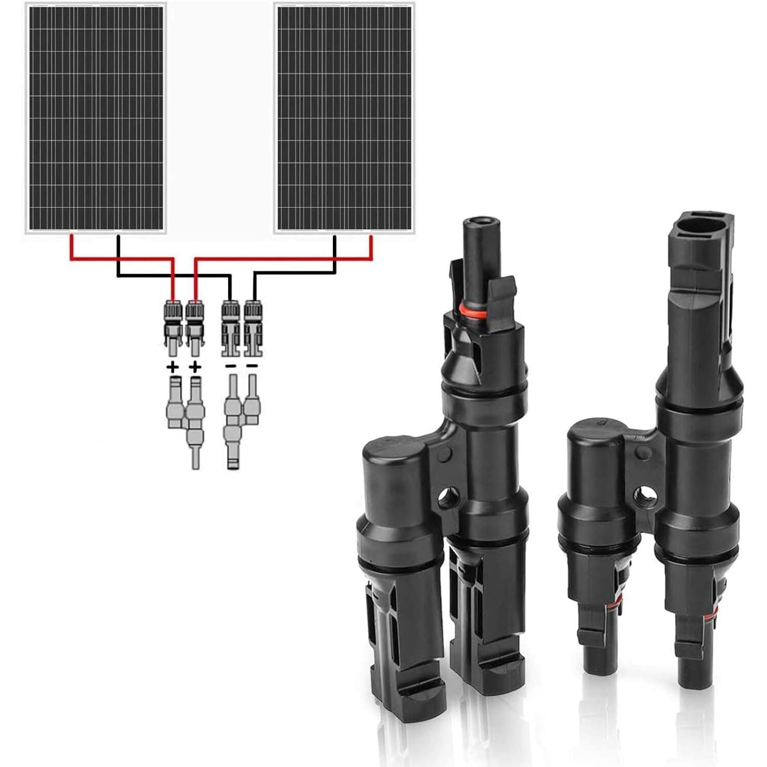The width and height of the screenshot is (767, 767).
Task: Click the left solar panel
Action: [96, 118]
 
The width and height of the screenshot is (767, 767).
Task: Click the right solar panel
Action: [345, 118]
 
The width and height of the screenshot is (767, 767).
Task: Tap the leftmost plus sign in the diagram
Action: [173, 367]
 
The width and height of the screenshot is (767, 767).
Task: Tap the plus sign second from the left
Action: [195, 367]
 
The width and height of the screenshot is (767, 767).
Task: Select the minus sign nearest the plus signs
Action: [231, 366]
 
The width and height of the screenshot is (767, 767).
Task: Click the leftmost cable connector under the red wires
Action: [173, 327]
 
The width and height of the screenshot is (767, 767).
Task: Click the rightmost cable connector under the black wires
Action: [253, 327]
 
